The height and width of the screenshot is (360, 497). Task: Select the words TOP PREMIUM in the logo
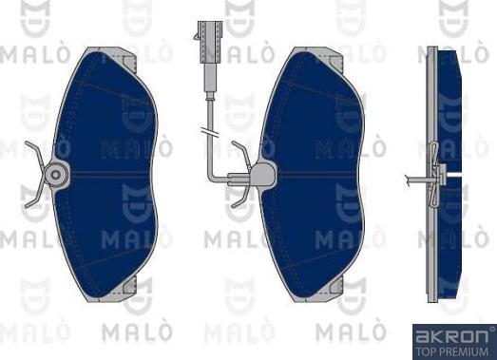tap(454, 350)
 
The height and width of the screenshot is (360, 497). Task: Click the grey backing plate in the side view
tap(432, 237)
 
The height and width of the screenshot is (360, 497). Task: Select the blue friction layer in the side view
tap(449, 114)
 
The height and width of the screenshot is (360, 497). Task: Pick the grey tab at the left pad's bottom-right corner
tap(139, 284)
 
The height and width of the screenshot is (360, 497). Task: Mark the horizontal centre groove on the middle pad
tap(318, 174)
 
